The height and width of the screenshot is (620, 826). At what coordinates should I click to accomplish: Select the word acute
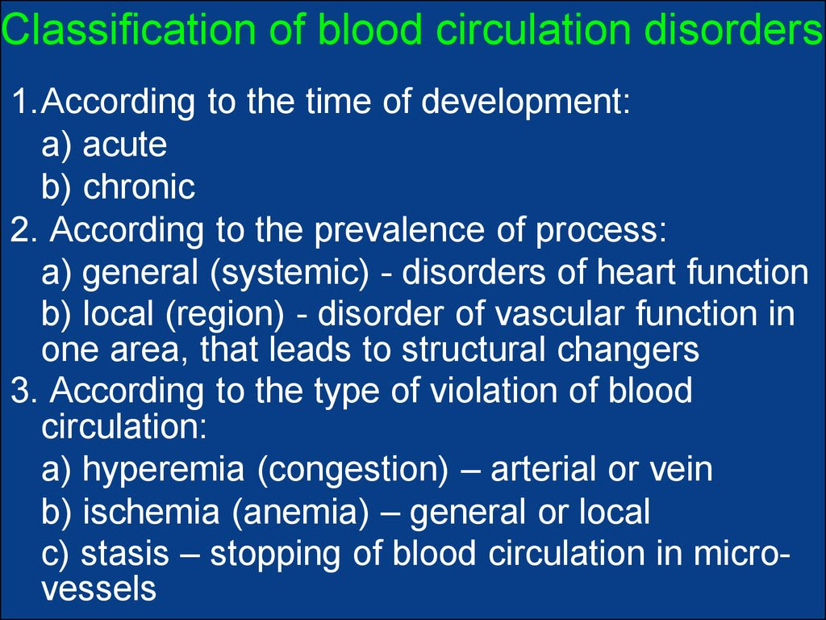click(125, 145)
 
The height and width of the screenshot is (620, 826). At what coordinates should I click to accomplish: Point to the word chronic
click(139, 186)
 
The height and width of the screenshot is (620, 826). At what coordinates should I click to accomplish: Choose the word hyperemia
click(163, 471)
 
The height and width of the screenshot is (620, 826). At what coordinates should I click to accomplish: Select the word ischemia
click(151, 511)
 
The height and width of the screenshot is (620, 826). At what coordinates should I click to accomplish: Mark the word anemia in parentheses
click(300, 513)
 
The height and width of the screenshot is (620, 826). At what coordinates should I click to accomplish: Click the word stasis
click(125, 554)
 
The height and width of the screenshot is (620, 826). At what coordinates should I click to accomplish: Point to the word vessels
click(98, 589)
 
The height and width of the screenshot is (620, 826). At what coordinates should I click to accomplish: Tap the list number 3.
click(19, 391)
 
